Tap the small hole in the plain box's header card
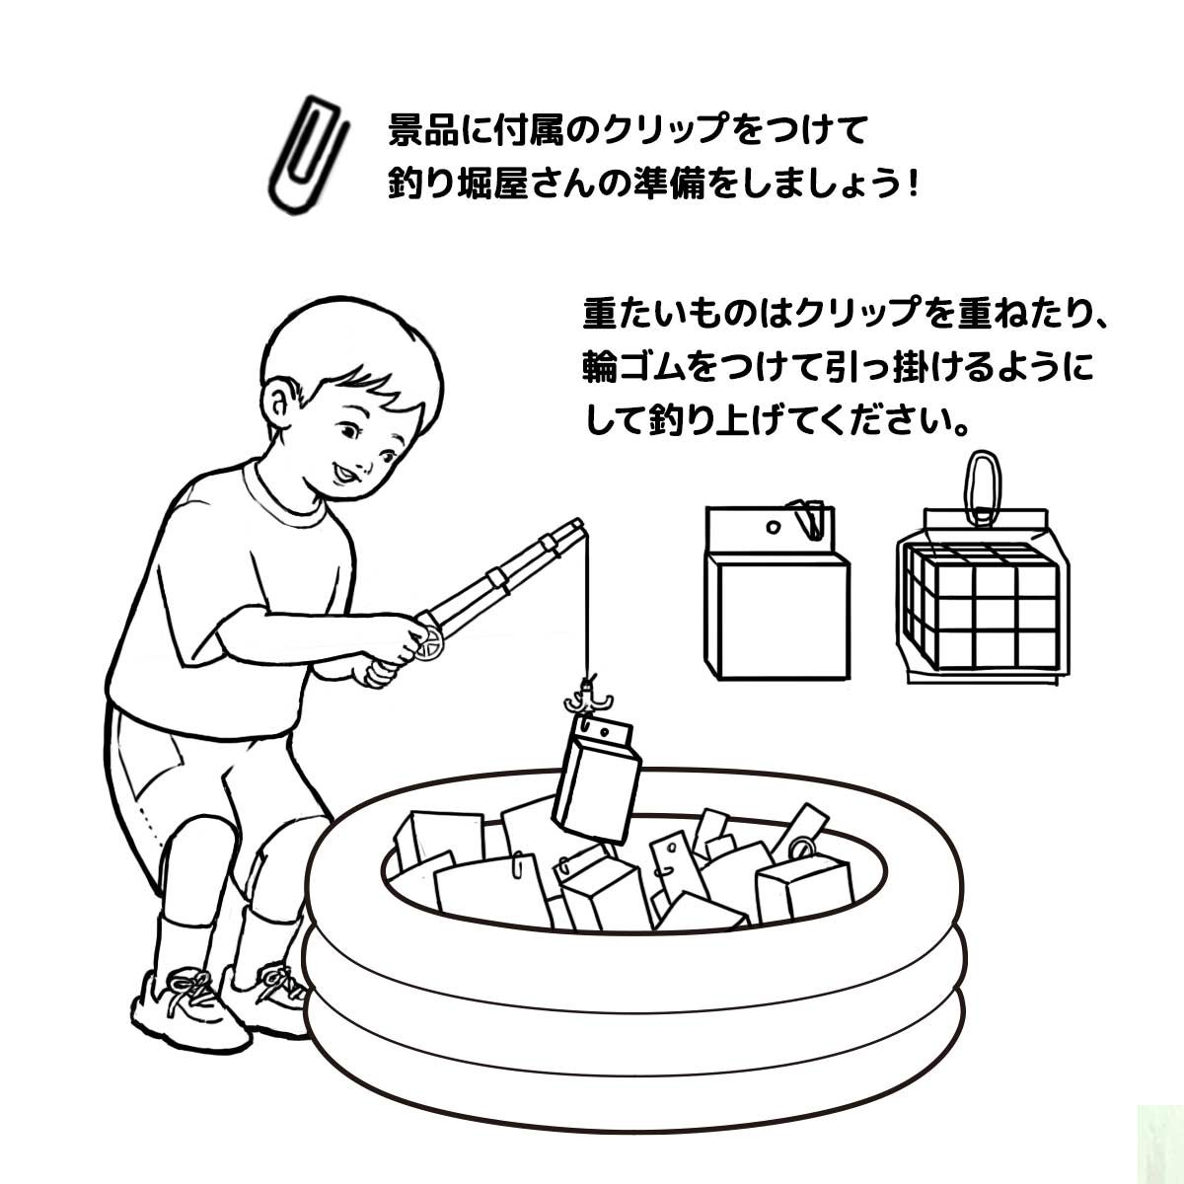pyautogui.click(x=774, y=527)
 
